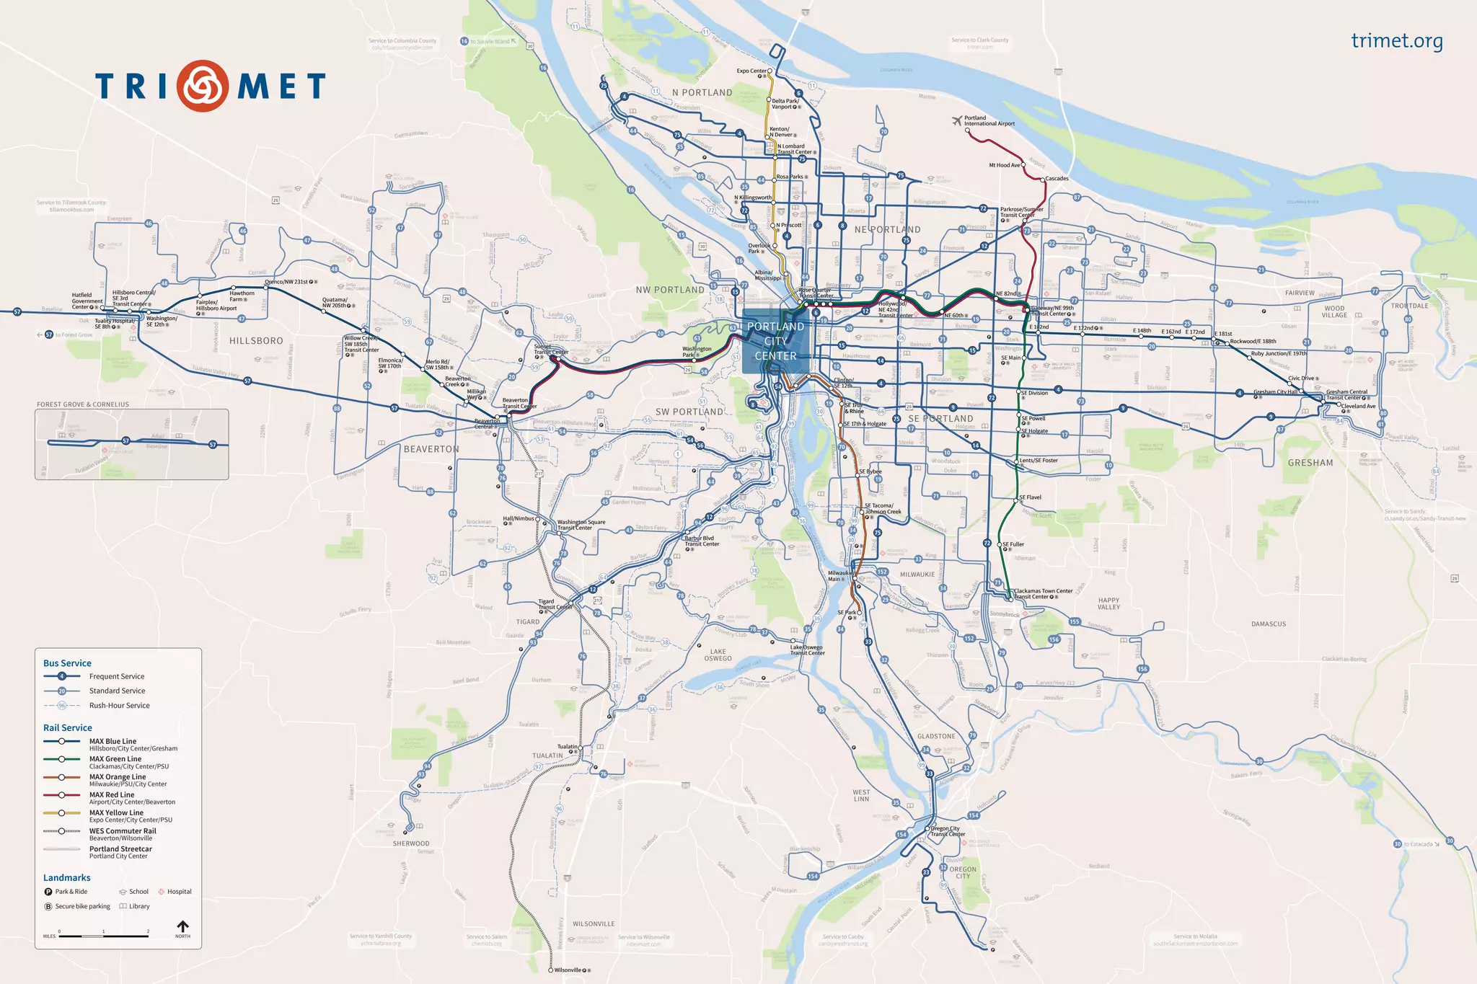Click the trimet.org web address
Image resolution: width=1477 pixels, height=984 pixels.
tap(1396, 41)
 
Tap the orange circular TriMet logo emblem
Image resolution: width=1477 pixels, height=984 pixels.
tap(203, 86)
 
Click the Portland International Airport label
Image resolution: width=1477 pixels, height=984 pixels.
tap(989, 120)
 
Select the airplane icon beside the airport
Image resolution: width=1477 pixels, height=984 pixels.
tap(957, 120)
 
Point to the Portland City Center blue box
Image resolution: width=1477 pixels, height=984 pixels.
tap(775, 341)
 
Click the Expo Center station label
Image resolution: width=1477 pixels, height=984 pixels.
tap(751, 71)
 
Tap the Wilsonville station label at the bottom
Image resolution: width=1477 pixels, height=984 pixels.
tap(567, 970)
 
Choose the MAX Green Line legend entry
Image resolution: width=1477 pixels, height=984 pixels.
tap(115, 759)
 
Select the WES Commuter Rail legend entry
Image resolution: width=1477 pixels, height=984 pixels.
tap(123, 831)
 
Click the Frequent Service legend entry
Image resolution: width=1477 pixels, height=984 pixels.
tap(117, 676)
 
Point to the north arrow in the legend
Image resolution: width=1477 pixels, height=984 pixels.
tap(182, 927)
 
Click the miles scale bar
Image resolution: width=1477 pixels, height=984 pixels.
tap(104, 936)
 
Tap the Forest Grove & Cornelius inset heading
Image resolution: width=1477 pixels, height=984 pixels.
tap(83, 404)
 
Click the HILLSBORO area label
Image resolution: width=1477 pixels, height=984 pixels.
tap(256, 341)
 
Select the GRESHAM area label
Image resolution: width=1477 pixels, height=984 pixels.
tap(1310, 463)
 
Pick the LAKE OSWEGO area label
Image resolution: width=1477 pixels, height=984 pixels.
tap(718, 655)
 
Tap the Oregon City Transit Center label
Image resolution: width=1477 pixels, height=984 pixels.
tap(948, 831)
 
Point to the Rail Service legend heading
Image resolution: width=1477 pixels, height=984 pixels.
tap(67, 728)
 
